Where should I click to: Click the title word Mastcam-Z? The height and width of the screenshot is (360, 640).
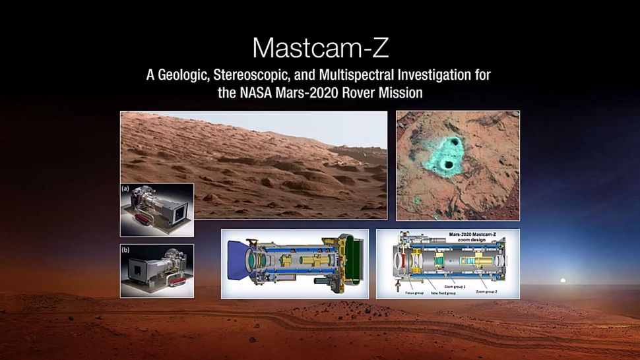[319, 47]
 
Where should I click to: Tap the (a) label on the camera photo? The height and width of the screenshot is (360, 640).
[126, 189]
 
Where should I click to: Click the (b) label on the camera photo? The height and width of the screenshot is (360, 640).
[126, 250]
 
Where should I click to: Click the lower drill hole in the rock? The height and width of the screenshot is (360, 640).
[449, 165]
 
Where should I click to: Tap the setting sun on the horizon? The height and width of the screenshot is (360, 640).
[563, 280]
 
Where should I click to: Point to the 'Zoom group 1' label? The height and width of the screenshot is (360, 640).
[458, 287]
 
